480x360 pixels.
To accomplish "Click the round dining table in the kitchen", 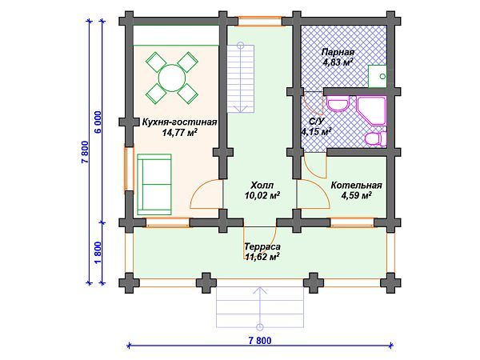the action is [172, 78].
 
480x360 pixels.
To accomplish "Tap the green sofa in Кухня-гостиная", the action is [154, 184].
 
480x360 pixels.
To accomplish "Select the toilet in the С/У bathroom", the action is [376, 138].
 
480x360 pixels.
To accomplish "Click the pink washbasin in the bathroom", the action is [338, 104].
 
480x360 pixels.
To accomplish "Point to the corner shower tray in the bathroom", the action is [371, 111].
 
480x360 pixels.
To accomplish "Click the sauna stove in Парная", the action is [377, 76].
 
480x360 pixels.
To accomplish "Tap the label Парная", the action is [338, 52].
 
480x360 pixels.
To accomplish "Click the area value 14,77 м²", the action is [180, 132].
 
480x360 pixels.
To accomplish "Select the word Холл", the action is [262, 186].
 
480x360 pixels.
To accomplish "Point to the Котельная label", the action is [356, 186].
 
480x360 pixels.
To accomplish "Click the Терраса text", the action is [262, 246].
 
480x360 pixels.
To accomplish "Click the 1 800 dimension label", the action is [98, 253].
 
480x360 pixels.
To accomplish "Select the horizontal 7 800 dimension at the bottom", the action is [260, 341].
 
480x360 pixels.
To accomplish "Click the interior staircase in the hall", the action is [241, 78].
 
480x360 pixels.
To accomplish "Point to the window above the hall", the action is [260, 21].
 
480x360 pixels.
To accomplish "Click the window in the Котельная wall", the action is [352, 222].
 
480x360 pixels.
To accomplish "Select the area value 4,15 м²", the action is [317, 132].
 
